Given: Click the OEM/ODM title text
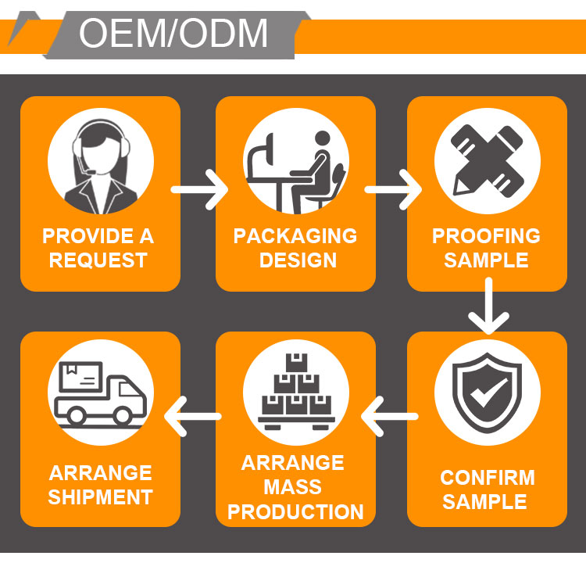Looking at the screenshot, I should click(x=173, y=34).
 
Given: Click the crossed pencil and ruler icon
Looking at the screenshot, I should click(x=487, y=162).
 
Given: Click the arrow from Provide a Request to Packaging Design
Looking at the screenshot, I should click(x=198, y=189).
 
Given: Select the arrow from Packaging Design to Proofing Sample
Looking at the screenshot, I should click(x=392, y=189).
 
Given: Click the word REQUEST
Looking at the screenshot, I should click(x=98, y=260).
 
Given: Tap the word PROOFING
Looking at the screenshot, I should click(x=486, y=235).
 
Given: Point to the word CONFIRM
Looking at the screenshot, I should click(x=488, y=477).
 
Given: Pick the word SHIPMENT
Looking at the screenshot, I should click(x=100, y=497).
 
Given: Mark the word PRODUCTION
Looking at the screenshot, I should click(x=295, y=513).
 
